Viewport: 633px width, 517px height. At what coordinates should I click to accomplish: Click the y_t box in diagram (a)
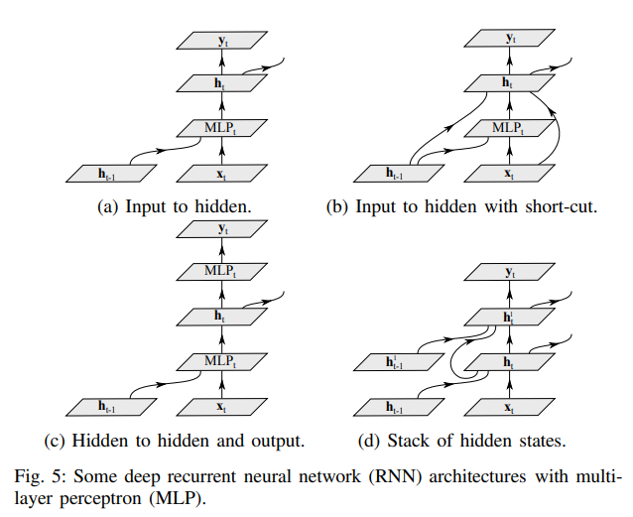coord(221,41)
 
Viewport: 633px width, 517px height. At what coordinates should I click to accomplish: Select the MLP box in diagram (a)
coord(221,128)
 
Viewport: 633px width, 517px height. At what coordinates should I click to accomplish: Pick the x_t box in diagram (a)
coord(221,174)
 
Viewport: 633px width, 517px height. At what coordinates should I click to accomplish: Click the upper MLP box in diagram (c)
coord(221,270)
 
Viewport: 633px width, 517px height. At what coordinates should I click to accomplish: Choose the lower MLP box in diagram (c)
coord(221,360)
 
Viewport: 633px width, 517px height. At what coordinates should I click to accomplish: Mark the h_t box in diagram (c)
coord(221,317)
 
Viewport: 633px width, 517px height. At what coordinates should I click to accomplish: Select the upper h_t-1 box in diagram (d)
coord(397,362)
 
